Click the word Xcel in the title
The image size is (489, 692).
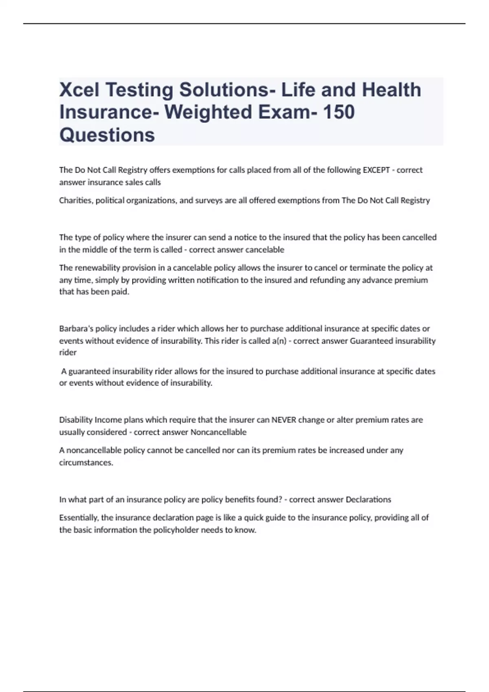click(79, 90)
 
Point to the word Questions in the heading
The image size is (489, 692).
click(107, 135)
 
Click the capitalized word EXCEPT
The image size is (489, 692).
click(376, 170)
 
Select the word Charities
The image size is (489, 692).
click(76, 200)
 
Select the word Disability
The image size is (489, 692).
click(76, 420)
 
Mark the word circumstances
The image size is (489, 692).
click(86, 462)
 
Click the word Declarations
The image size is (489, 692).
click(368, 499)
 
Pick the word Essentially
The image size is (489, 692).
click(79, 518)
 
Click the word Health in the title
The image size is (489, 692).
click(392, 90)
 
